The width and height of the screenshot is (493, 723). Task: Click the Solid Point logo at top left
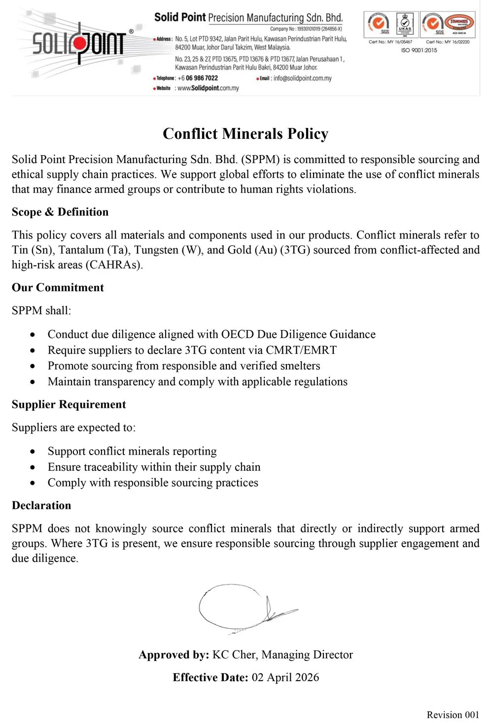79,43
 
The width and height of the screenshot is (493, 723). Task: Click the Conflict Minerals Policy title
246,134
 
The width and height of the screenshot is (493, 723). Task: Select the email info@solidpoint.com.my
302,78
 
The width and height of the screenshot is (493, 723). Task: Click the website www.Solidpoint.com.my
208,88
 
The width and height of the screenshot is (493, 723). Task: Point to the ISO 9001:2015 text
419,50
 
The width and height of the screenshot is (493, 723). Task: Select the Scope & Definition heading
60,212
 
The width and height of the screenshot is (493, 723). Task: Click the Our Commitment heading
58,288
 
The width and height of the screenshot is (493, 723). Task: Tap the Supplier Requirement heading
69,404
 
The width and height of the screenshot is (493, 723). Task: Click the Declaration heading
41,505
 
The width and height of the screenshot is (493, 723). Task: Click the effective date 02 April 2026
285,677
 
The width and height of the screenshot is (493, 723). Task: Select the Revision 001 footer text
453,715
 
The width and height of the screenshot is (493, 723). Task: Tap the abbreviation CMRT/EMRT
301,350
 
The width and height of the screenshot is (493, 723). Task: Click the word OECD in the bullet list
238,334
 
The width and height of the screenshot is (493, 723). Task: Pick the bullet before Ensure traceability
33,467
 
